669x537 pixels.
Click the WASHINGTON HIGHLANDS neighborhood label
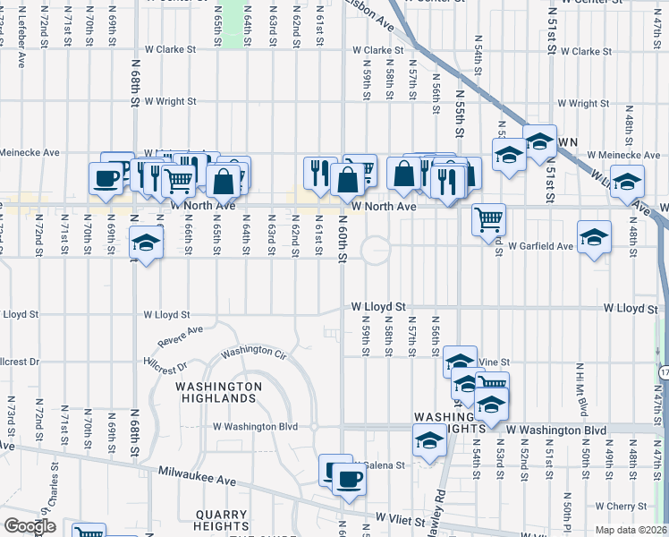pyautogui.click(x=218, y=392)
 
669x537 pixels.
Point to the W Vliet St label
pyautogui.click(x=406, y=518)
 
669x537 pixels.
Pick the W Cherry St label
pyautogui.click(x=633, y=507)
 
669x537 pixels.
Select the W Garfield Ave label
pyautogui.click(x=540, y=246)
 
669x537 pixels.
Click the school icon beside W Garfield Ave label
pyautogui.click(x=595, y=237)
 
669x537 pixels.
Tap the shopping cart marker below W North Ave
pyautogui.click(x=488, y=219)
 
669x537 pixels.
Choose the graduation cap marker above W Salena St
pyautogui.click(x=429, y=441)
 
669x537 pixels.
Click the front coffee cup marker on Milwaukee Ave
pyautogui.click(x=349, y=479)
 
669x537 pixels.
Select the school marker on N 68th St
pyautogui.click(x=146, y=243)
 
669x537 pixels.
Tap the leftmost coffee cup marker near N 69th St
pyautogui.click(x=107, y=176)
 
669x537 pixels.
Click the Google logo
pyautogui.click(x=30, y=526)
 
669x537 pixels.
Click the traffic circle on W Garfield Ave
pyautogui.click(x=376, y=250)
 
